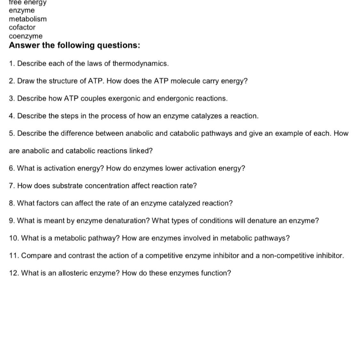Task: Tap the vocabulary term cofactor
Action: coord(22,28)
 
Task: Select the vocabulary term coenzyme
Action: coord(26,36)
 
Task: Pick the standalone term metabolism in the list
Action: coord(28,19)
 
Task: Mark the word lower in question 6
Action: coord(175,168)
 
